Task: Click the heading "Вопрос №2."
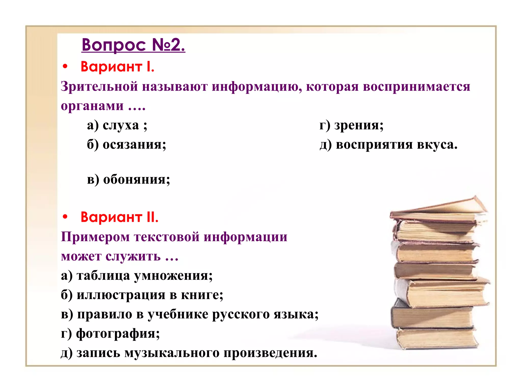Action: coord(133,45)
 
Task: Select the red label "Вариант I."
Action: coord(118,67)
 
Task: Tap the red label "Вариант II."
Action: coord(120,217)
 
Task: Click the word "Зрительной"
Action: coord(99,86)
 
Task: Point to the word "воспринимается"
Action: coord(416,86)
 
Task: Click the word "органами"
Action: coord(92,106)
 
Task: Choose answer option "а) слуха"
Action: coord(117,125)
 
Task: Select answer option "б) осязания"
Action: coord(126,144)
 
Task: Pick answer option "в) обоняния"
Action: coord(128,179)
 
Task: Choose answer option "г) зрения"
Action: coord(351,125)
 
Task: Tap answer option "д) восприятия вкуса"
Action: coord(388,144)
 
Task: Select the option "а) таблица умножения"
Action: coord(137,276)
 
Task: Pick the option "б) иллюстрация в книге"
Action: coord(142,295)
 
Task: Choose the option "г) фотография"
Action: coord(110,333)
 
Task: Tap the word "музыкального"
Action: coord(172,353)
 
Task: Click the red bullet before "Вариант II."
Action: coord(65,217)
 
